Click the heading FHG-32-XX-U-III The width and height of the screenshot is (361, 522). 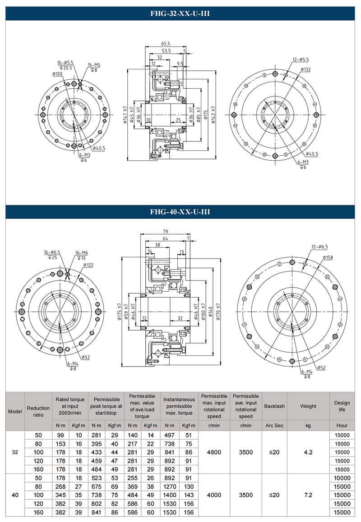coord(180,14)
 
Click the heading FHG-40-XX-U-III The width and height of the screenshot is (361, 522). coord(180,212)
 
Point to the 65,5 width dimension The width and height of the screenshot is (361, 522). coord(166,44)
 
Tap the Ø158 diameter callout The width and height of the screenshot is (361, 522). coord(328,257)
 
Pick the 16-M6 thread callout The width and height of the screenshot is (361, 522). coord(82,253)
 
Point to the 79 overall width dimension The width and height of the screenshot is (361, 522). coord(166,231)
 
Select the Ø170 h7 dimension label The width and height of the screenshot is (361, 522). coord(218,310)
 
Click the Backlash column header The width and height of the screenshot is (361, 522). coord(274,406)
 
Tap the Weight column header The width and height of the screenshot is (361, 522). coord(308,406)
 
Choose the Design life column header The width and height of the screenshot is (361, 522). coord(342,406)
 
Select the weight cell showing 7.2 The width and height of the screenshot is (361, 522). coord(308,495)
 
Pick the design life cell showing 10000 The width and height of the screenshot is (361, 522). coord(342,478)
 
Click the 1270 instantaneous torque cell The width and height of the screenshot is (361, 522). coord(170,486)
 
